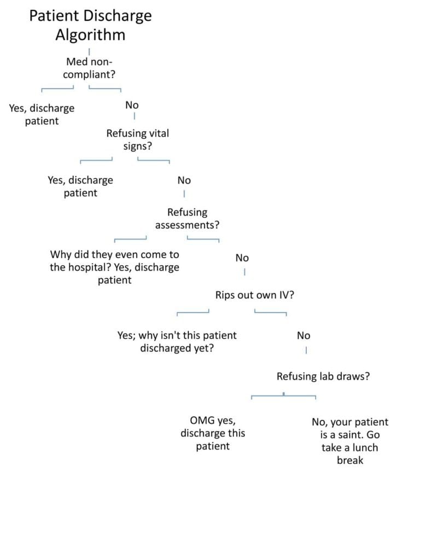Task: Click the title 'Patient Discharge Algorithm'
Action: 90,25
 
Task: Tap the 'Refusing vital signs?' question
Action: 138,139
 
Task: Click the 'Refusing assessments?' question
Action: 188,218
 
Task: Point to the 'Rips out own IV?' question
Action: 255,295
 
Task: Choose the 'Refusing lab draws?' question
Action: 323,376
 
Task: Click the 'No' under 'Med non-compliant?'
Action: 132,105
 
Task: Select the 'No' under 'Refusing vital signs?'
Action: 184,180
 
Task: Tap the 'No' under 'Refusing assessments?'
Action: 242,258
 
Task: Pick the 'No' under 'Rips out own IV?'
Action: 304,335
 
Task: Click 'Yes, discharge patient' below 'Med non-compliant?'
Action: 42,114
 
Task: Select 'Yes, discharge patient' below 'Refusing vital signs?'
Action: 80,186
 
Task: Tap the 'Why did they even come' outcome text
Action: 115,267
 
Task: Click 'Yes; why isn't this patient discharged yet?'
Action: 177,342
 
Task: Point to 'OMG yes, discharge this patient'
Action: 213,433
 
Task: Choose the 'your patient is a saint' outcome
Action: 350,441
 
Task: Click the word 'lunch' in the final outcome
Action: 365,447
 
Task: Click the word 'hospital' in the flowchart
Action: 90,267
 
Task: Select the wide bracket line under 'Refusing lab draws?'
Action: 284,395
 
